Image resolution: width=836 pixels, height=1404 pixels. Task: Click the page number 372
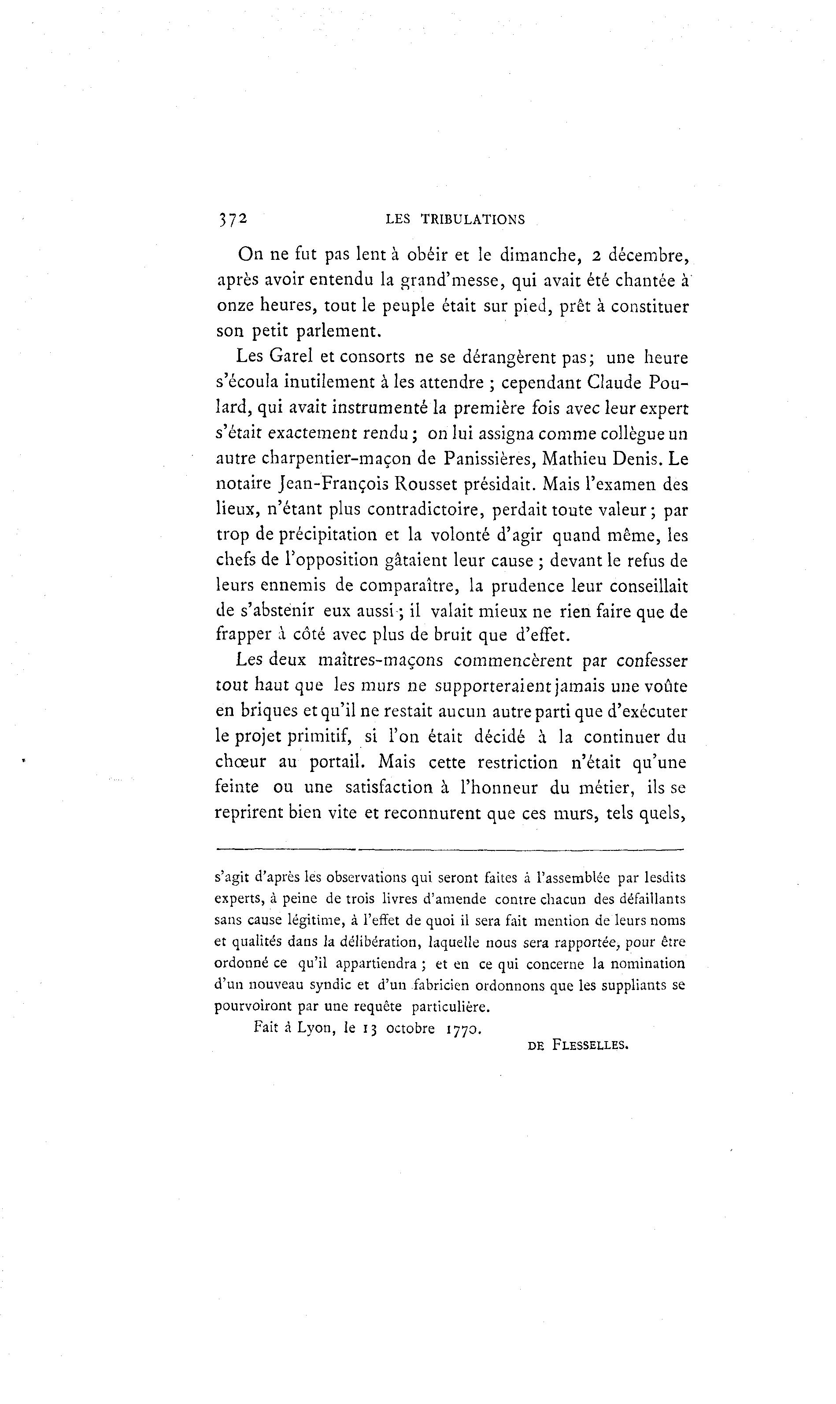[x=233, y=218]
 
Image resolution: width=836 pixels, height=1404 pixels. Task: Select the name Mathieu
[x=572, y=458]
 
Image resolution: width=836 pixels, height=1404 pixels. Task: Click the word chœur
[x=240, y=761]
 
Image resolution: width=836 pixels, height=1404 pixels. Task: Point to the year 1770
[x=462, y=1029]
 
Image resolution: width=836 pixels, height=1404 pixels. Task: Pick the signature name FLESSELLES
[x=590, y=1045]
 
